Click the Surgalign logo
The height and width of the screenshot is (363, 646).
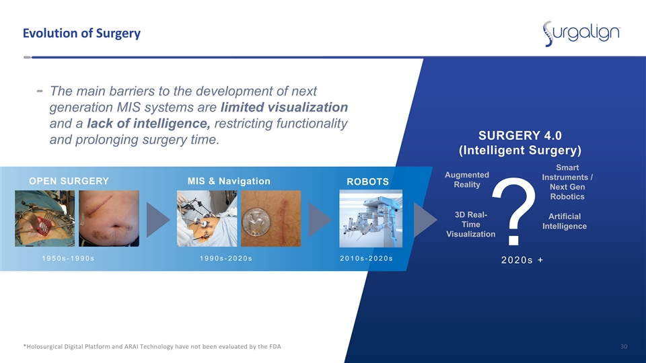coord(581,34)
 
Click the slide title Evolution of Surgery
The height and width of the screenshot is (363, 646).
coord(81,33)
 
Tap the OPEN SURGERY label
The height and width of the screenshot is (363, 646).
coord(69,181)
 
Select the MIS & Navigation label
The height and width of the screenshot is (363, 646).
coord(229,181)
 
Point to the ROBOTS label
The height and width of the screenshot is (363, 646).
coord(367,182)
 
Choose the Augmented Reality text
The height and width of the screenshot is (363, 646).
coord(467,180)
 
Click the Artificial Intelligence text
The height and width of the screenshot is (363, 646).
coord(565,221)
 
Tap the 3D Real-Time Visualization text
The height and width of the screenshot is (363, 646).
coord(471,225)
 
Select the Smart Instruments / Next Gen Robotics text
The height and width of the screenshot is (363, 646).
coord(567,182)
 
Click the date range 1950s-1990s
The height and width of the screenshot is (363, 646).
coord(69,258)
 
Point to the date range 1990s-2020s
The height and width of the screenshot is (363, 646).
coord(226,258)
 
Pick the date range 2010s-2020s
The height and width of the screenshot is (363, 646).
coord(366,258)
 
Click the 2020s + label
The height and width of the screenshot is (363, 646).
coord(522,260)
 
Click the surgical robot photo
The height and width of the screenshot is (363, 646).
coord(371,218)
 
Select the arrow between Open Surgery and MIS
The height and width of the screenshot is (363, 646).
coord(157,220)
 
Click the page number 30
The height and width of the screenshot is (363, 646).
coord(624,347)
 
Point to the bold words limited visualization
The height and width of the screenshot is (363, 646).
coord(284,108)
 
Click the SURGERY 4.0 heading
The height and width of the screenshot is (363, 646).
coord(520,135)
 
